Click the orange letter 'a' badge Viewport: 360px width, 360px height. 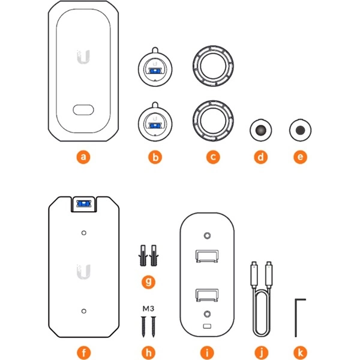83,157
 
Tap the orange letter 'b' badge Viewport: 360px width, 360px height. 155,157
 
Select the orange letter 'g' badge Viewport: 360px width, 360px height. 148,281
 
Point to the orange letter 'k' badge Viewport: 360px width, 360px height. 301,352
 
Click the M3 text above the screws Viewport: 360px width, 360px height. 148,308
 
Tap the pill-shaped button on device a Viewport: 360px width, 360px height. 83,110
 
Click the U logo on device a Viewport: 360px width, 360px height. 83,57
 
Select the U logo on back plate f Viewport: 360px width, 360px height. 83,272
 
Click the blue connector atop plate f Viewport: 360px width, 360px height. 83,203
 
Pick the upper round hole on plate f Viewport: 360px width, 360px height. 84,233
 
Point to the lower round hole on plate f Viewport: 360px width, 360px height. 84,311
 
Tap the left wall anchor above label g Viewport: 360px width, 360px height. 143,256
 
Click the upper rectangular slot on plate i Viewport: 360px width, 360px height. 207,256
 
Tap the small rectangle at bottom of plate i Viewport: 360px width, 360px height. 207,326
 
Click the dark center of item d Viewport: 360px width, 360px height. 261,130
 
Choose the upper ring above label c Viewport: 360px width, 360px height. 213,66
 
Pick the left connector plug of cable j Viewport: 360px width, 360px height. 254,275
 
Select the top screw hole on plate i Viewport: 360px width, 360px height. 208,236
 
